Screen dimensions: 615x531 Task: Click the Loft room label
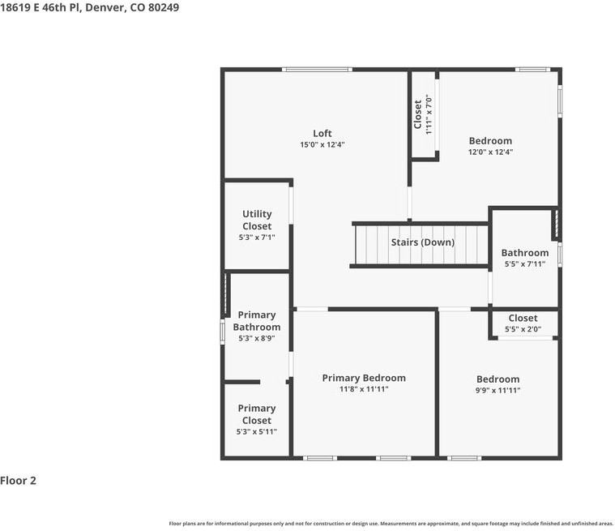(322, 134)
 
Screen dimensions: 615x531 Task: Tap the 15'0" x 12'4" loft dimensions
(322, 144)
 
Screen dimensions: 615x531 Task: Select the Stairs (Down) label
(423, 242)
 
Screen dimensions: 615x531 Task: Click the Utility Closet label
(257, 220)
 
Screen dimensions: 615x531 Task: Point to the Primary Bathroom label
(257, 321)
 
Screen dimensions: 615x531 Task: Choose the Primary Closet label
(257, 414)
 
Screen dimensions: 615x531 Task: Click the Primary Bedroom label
(364, 378)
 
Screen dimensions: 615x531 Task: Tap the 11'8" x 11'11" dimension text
(364, 389)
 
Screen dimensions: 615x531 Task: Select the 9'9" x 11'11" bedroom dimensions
(498, 390)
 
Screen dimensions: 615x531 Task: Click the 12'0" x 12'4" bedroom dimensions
(490, 152)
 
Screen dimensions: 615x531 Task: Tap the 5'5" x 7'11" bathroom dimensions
(525, 263)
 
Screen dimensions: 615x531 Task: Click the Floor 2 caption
(18, 481)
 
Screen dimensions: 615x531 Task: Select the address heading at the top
(89, 7)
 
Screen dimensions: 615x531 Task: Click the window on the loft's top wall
(317, 70)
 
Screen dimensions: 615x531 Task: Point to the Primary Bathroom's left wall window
(222, 332)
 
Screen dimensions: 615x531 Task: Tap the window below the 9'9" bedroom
(464, 458)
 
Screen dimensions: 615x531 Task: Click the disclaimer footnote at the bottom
(391, 524)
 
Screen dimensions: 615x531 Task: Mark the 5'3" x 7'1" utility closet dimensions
(257, 237)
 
